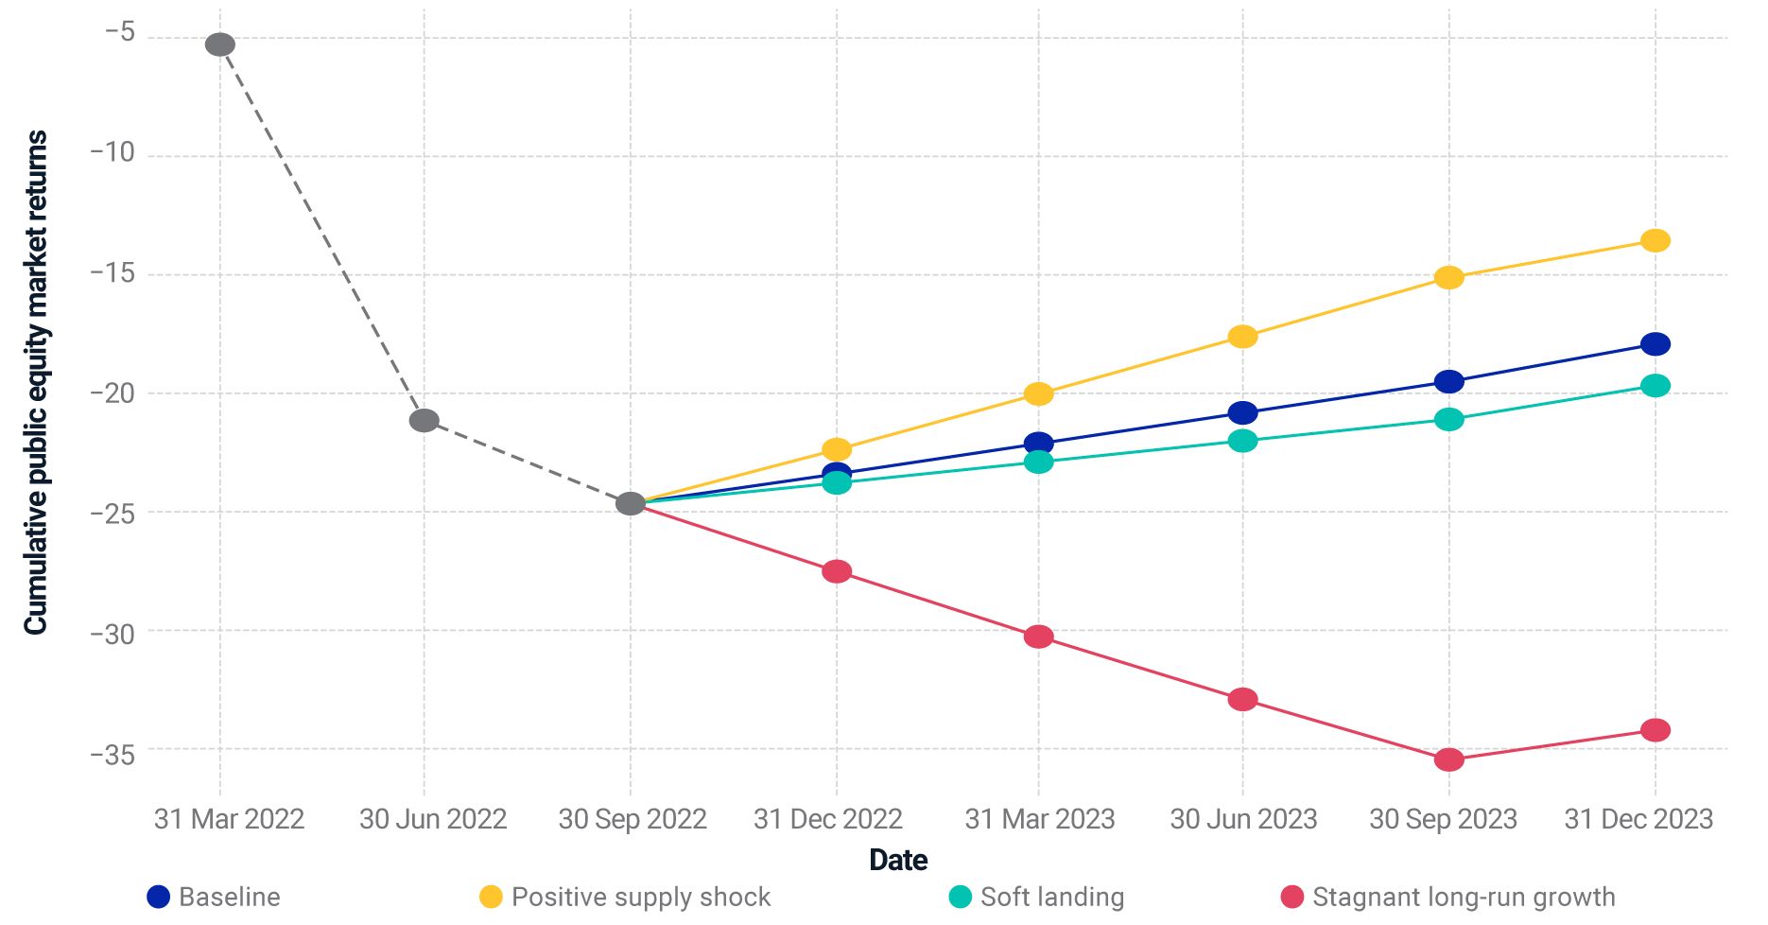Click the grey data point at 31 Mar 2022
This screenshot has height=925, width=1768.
(x=220, y=44)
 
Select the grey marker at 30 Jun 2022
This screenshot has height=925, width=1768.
(x=425, y=420)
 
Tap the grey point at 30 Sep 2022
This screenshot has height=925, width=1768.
(x=631, y=503)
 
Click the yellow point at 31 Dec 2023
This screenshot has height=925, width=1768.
(x=1655, y=240)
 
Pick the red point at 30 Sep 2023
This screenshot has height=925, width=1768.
(x=1448, y=759)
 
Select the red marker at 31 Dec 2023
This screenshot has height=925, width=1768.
(x=1655, y=730)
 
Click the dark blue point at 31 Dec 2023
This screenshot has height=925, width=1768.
(x=1655, y=344)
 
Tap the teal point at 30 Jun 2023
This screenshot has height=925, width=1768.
(x=1242, y=441)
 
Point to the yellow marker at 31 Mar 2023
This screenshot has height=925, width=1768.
(x=1038, y=393)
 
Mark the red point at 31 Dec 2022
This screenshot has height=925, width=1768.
(x=837, y=571)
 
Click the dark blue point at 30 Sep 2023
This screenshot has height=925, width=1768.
(x=1448, y=382)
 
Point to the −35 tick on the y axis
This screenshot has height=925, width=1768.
(x=113, y=754)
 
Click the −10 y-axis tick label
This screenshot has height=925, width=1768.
(x=113, y=151)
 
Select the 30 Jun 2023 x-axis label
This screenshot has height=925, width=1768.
(x=1243, y=819)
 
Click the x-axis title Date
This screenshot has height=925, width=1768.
(x=898, y=860)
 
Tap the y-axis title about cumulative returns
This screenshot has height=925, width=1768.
(x=36, y=383)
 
